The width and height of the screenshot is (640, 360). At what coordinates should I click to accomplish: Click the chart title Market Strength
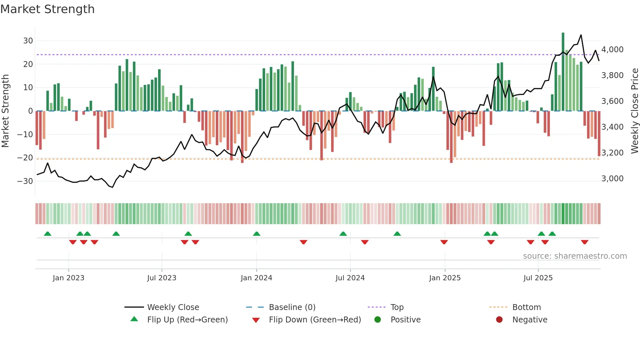48,9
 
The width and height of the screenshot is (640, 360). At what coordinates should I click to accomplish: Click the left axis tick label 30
28,41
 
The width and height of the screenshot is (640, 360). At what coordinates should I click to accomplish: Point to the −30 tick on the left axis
25,181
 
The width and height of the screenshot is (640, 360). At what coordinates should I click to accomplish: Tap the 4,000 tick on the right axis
612,50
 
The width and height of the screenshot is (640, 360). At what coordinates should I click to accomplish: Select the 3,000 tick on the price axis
612,179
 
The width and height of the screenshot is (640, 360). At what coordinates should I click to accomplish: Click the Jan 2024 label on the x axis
256,278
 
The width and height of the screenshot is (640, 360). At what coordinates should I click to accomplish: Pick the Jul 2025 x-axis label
538,278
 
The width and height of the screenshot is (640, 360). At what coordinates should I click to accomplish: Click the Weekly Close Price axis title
634,111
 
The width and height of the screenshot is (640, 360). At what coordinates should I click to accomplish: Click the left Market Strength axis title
5,111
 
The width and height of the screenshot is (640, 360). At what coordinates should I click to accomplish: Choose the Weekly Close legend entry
173,307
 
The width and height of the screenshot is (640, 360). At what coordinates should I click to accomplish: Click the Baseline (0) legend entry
292,307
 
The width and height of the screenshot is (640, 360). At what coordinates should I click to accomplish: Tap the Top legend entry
397,307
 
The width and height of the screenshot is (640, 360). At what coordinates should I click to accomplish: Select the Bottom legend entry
526,307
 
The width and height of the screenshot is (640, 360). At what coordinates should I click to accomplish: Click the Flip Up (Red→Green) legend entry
187,320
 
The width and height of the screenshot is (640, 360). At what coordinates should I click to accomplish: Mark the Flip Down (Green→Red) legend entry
315,320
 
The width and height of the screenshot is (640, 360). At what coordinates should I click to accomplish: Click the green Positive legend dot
378,319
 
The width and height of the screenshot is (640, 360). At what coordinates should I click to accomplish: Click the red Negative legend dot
499,319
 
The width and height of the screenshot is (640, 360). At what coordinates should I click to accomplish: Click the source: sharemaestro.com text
575,256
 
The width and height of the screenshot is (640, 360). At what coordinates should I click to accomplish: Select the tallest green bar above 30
563,72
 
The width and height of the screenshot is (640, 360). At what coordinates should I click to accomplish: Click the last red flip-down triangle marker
584,242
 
